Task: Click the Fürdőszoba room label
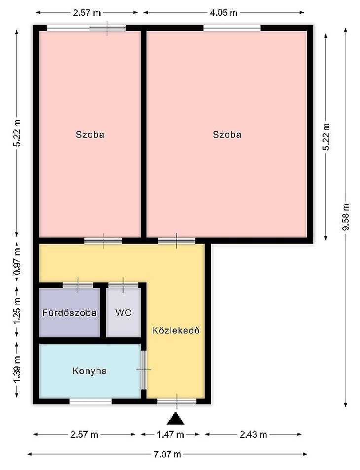tap(69, 313)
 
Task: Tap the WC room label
tap(123, 313)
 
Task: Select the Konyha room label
tap(89, 371)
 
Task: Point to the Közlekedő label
tap(176, 330)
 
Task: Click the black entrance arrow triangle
tap(176, 419)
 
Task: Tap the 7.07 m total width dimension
tap(167, 454)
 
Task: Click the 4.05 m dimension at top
tap(223, 13)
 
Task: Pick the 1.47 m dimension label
tap(170, 434)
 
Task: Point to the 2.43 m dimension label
tap(253, 434)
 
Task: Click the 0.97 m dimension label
tap(17, 261)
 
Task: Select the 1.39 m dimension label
tap(17, 369)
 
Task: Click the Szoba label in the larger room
tap(227, 134)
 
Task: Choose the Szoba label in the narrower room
tap(90, 134)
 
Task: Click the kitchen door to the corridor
tap(144, 370)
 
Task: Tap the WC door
tap(123, 285)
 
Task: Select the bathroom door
tap(78, 285)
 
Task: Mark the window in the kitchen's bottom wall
tap(91, 401)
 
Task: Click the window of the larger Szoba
tap(232, 28)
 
